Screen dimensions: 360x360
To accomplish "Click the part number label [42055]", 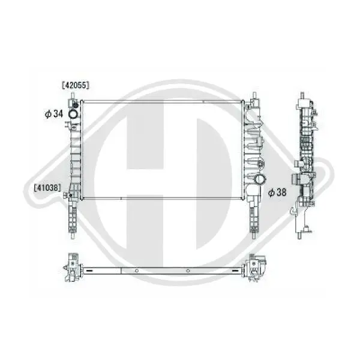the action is coord(76,85).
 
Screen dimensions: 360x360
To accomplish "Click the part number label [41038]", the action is coord(47,188).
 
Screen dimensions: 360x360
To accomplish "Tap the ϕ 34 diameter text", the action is coord(54,114).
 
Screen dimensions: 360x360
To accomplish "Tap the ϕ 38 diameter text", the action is coord(277,193).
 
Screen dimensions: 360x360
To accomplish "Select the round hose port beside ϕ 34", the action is coord(73,114).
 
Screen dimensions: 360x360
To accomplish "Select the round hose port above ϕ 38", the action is coord(260,179).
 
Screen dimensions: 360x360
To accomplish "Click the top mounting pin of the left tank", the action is coord(73,96).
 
